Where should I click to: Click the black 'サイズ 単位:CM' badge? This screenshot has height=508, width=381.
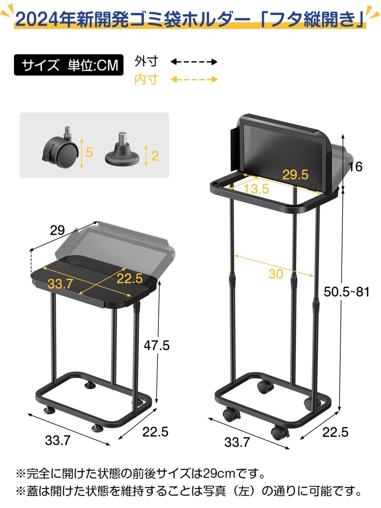point(68,65)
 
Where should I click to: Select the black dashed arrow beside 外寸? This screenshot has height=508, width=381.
point(194,62)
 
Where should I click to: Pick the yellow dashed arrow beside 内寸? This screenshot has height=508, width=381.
point(194,79)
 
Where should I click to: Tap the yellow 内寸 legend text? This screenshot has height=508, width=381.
point(146,79)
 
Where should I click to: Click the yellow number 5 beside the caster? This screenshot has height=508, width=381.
point(89,152)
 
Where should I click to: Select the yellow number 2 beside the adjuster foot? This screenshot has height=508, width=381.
point(155,156)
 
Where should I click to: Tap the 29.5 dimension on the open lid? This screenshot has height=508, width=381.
point(295,175)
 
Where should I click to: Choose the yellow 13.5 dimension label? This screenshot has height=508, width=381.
point(256,189)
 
